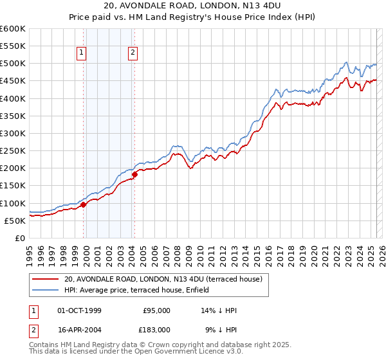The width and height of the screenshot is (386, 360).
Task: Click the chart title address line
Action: (192, 7)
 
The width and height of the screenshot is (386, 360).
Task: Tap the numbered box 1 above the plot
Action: (83, 53)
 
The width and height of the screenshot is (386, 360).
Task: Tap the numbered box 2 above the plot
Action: (133, 53)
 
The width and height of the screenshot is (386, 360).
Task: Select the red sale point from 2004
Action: (134, 174)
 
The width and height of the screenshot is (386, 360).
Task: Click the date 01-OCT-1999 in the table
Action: (79, 310)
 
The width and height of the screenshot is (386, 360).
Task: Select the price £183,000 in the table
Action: (156, 329)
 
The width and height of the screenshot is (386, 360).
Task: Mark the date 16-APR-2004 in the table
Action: (79, 329)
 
